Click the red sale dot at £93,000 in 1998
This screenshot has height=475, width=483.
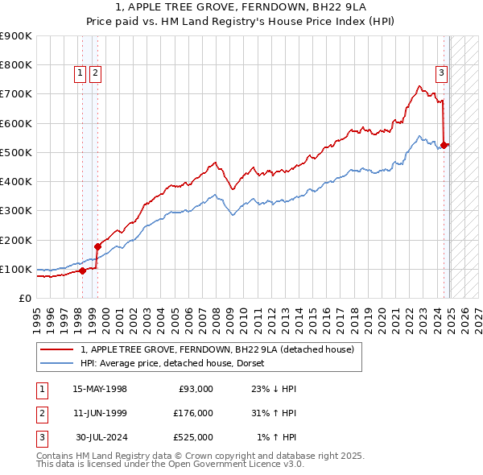click(x=82, y=271)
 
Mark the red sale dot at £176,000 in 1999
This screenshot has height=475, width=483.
click(x=97, y=246)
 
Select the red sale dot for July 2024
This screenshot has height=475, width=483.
click(x=445, y=145)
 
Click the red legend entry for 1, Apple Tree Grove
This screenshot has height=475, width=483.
click(x=217, y=349)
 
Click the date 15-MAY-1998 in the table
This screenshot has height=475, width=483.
click(x=100, y=389)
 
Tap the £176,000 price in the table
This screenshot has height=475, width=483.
click(x=193, y=413)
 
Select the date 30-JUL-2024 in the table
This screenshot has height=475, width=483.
click(x=101, y=437)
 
